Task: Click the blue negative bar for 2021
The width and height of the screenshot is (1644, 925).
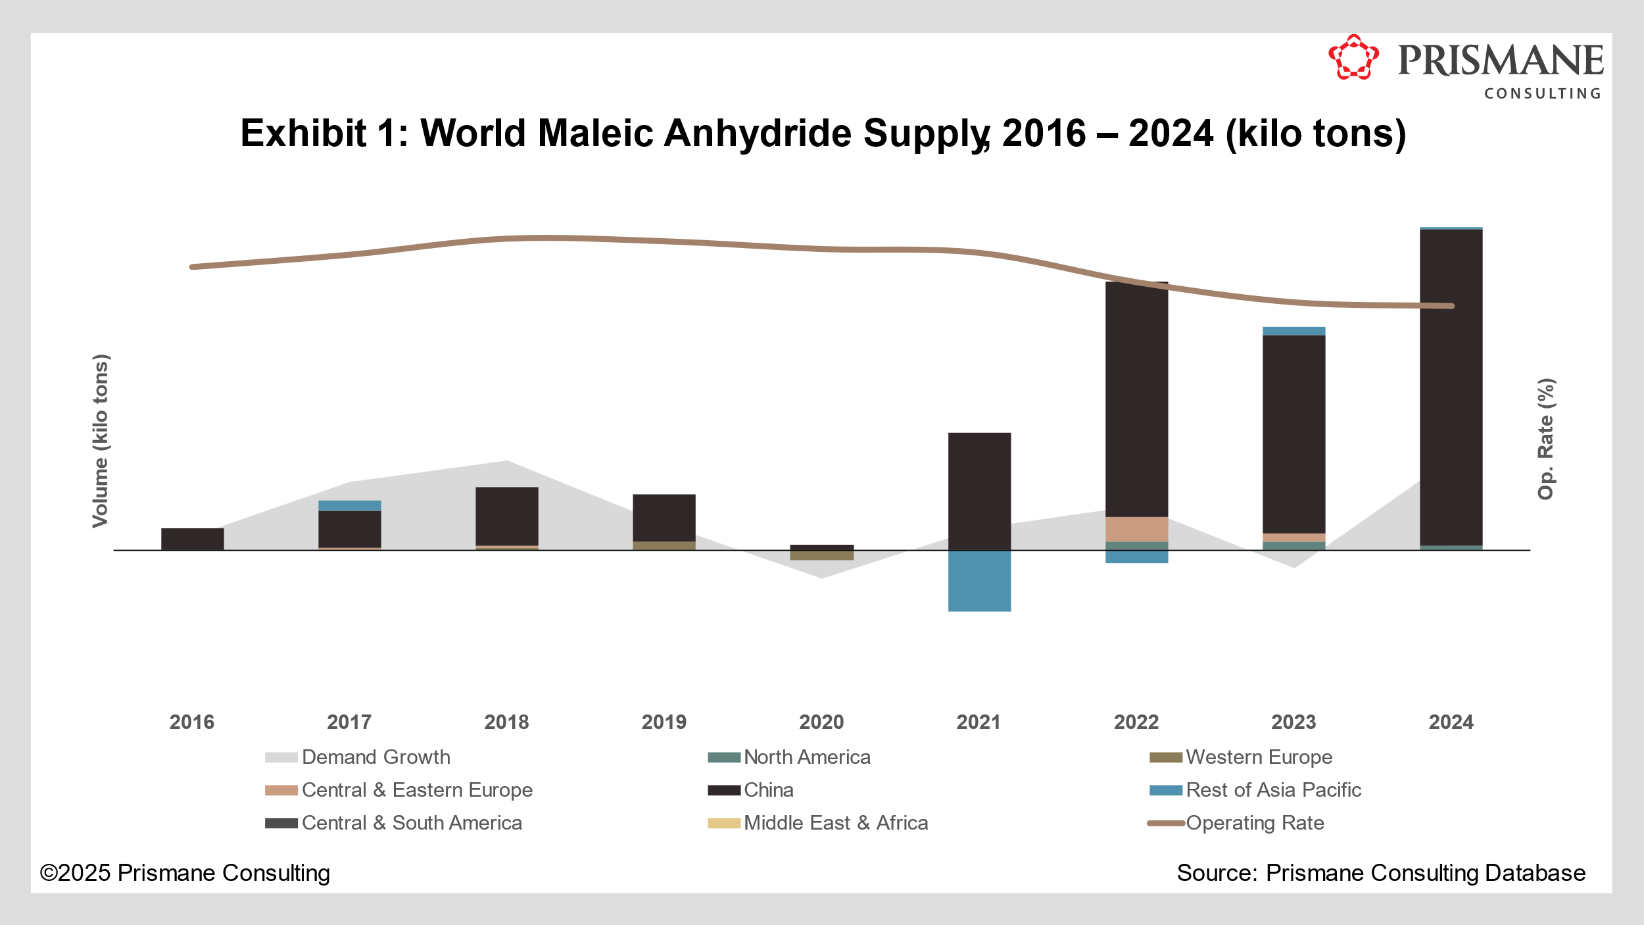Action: tap(979, 581)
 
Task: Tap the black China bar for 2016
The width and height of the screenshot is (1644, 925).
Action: tap(192, 539)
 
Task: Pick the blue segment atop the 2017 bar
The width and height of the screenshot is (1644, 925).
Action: tap(349, 506)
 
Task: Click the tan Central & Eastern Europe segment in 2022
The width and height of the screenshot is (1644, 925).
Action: tap(1136, 529)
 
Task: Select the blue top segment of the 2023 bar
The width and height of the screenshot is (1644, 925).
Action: tap(1293, 331)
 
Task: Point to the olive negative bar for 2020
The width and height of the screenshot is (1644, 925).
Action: tap(821, 555)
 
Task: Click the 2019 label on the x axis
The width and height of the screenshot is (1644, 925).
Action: tap(664, 722)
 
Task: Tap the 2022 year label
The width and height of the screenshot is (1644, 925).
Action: tap(1136, 722)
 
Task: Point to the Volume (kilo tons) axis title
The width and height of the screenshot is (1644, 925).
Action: tap(100, 441)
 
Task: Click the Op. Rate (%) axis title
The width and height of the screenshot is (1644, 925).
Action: tap(1545, 439)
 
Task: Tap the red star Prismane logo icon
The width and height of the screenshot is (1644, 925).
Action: tap(1353, 58)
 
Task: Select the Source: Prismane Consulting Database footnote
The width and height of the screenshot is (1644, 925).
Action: tap(1381, 873)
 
